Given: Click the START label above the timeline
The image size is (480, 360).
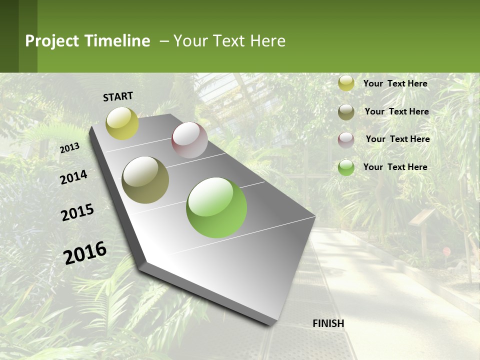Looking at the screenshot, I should [x=118, y=96].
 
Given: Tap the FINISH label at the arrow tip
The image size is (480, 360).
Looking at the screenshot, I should [x=328, y=323].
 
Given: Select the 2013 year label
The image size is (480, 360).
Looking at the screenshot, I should [x=69, y=148].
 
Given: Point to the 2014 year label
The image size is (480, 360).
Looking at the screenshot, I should [x=73, y=177].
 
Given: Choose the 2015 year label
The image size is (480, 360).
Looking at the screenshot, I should [x=77, y=212].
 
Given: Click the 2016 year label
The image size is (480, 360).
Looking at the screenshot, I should [x=85, y=252].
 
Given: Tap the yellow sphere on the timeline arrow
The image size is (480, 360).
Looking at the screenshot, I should [x=122, y=123].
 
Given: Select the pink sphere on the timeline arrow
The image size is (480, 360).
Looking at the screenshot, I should [x=189, y=140].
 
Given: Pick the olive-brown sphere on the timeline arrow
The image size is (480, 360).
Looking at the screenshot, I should [x=145, y=179].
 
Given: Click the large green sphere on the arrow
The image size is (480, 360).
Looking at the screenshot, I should [x=216, y=207].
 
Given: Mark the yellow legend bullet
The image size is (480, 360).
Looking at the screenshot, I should [x=346, y=83].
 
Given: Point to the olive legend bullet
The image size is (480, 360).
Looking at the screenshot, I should [x=346, y=111].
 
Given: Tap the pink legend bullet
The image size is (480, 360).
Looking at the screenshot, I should [x=346, y=139].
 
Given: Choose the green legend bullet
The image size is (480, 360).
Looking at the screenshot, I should [x=346, y=167].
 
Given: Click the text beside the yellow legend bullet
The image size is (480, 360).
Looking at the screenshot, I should [x=395, y=83].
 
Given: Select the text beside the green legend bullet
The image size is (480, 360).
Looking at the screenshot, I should [x=395, y=167].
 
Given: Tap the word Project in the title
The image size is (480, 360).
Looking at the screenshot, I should [x=52, y=41].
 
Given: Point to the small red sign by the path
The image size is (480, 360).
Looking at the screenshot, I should [x=446, y=251].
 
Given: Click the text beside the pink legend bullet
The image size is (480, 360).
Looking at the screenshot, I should [x=397, y=139].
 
